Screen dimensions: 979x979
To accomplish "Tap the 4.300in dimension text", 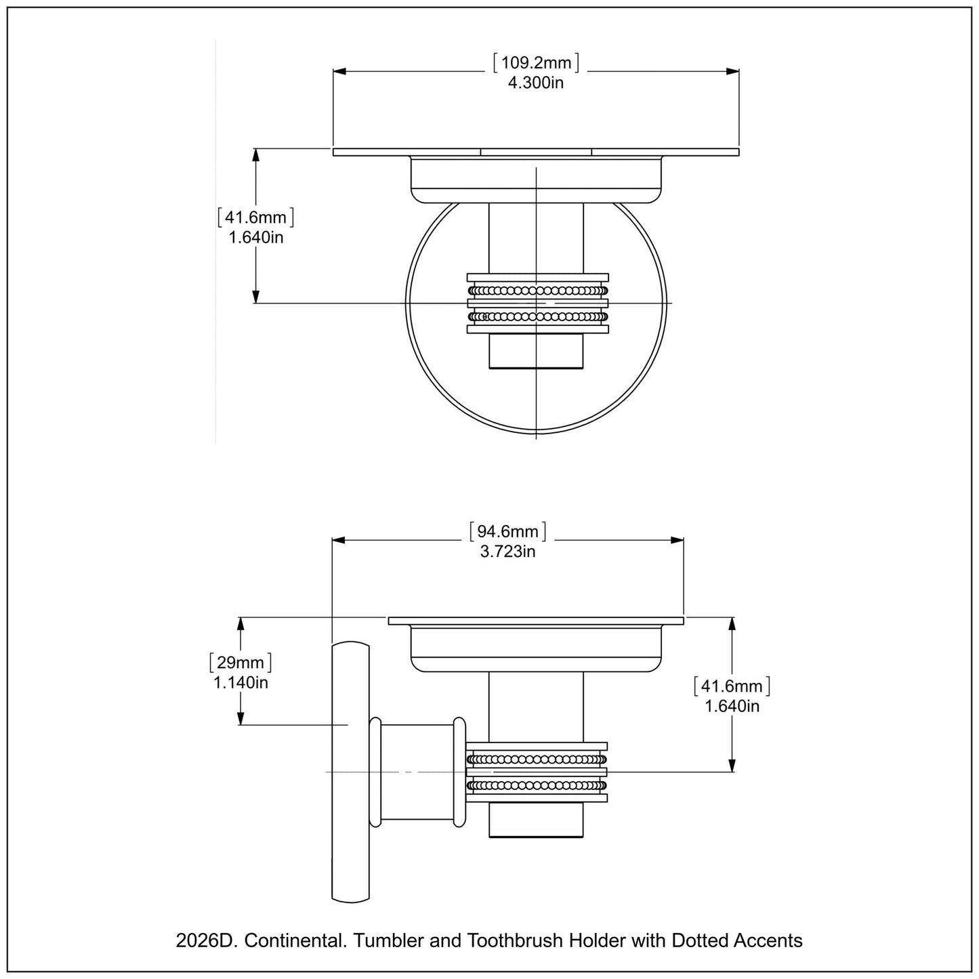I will coord(536,83).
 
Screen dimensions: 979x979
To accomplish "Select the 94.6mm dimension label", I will coord(507,532).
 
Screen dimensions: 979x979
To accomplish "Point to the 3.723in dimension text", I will coord(507,551).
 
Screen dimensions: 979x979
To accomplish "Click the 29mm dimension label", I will coord(241,662).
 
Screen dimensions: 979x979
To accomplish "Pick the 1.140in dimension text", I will coord(241,682).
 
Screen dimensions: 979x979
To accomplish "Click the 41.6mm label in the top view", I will coord(255,218).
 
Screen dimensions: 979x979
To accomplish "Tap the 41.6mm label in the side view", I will coord(732,686).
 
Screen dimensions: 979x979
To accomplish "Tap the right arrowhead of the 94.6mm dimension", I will coord(677,540).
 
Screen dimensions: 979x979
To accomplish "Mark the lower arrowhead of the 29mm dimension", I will coord(241,720).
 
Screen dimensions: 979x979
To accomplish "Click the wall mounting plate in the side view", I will coord(350,772).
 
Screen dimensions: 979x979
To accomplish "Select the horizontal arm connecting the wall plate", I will coord(418,772).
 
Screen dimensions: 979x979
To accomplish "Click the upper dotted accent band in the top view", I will coord(537,291).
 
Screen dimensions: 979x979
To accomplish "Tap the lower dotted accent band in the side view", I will coord(537,786).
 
